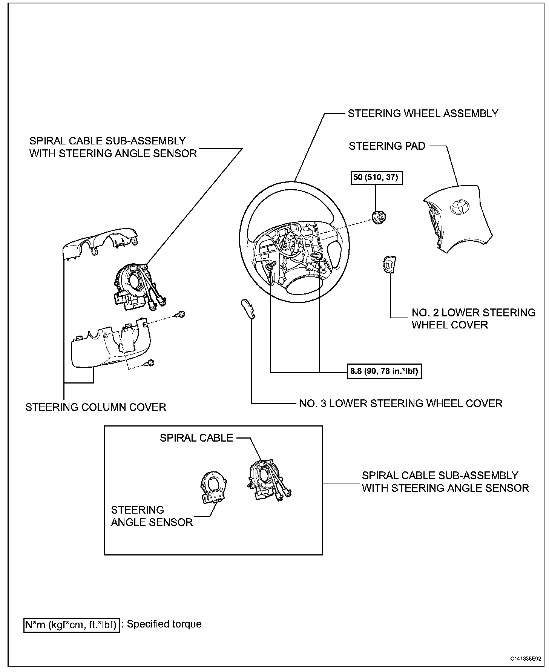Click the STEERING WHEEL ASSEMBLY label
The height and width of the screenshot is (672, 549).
click(423, 114)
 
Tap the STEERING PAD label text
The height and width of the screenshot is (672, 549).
click(387, 146)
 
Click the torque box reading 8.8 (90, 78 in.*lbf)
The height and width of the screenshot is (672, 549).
click(384, 371)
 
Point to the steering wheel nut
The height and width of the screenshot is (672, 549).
click(378, 217)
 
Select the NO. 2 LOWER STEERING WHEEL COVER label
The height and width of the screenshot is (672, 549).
click(473, 319)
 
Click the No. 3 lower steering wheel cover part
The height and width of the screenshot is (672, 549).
click(247, 309)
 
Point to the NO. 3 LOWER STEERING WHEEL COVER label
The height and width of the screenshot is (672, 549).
click(401, 404)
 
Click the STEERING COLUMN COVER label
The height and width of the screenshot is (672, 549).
click(96, 407)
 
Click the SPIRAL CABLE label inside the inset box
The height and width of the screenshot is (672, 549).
click(196, 438)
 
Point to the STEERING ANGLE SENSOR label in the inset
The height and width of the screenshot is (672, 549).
click(152, 516)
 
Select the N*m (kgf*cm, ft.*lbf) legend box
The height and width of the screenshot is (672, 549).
click(72, 625)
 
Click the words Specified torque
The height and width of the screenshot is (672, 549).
click(164, 624)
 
